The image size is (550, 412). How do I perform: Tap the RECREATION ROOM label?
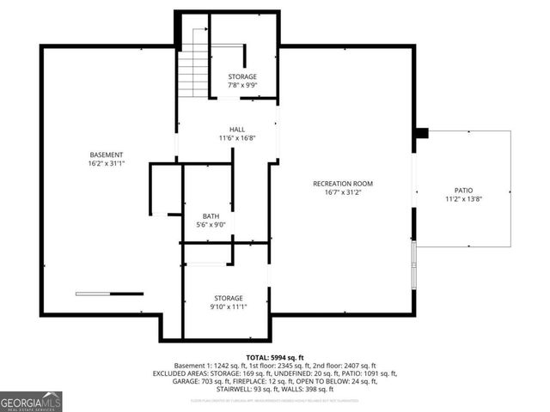click(342, 184)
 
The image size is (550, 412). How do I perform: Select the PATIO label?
click(463, 191)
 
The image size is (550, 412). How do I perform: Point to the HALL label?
click(236, 129)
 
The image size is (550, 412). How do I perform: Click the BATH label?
click(211, 216)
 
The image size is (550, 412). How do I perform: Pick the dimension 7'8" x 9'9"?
click(241, 86)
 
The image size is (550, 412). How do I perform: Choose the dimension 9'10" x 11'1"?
click(228, 306)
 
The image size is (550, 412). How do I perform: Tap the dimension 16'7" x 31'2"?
click(342, 192)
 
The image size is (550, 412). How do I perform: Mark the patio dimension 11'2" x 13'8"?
click(463, 199)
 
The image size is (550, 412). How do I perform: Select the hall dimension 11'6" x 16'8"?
click(236, 137)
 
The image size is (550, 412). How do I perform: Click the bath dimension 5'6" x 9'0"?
click(211, 225)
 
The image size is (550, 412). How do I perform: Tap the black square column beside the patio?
click(421, 133)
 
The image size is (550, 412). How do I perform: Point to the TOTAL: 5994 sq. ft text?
click(275, 357)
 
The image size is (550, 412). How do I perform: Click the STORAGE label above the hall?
click(241, 76)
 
